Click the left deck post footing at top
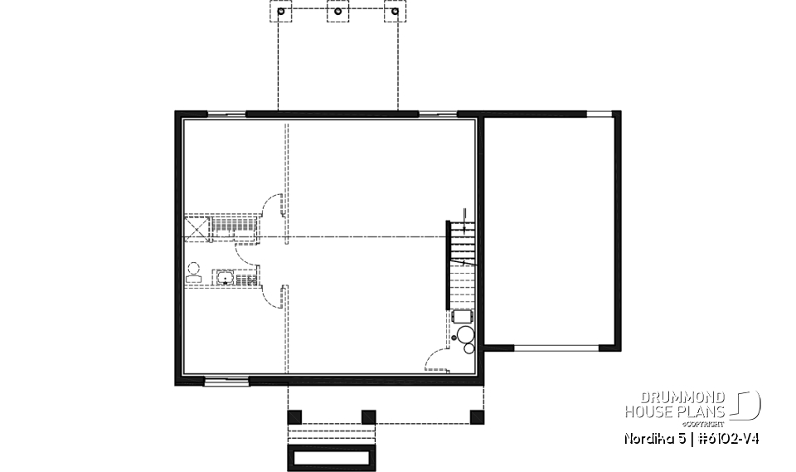tap(282, 12)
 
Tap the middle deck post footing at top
tap(338, 12)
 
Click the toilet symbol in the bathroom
tap(194, 273)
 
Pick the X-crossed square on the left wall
tap(196, 226)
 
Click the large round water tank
tap(465, 334)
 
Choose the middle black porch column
tap(369, 416)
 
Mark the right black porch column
tap(476, 416)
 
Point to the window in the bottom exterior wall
tap(226, 381)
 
